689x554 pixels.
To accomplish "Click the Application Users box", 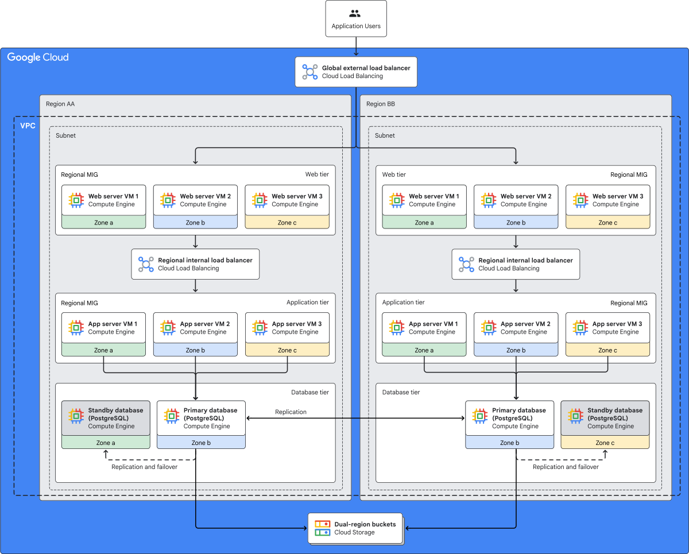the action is click(356, 18).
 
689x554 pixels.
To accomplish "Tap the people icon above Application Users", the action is click(355, 13).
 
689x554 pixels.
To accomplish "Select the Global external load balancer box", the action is click(356, 72).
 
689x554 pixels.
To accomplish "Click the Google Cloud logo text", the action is click(38, 57).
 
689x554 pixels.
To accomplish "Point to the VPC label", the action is click(28, 126).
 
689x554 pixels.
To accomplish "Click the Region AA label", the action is click(60, 104).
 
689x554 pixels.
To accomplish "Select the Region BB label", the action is click(380, 104).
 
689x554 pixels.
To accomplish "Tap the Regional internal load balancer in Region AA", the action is click(195, 264).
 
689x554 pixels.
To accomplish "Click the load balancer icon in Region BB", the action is click(466, 264).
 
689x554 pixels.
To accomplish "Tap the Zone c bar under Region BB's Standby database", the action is click(605, 442).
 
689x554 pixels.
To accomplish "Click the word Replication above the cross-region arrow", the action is click(291, 412).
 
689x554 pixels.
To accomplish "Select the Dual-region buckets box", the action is click(355, 528).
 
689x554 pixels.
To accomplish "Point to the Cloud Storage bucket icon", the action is click(322, 528).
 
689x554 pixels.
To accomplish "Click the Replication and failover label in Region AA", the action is click(144, 467).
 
